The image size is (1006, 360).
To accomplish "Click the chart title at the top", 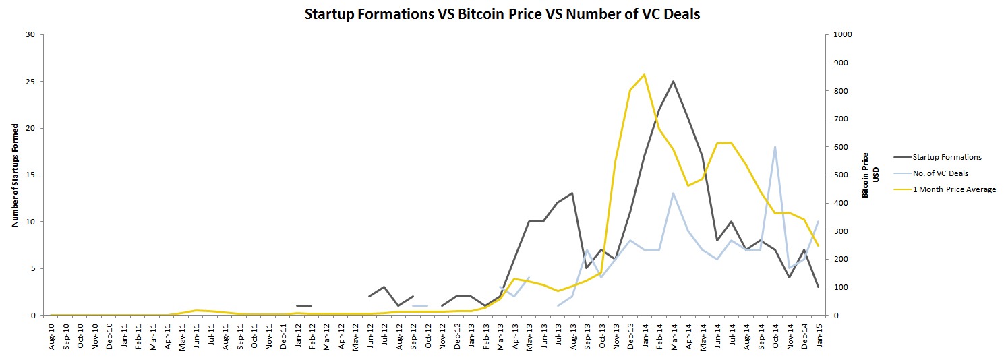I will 502,13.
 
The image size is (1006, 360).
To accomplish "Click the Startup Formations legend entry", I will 947,157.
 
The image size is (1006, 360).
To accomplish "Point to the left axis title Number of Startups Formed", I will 15,175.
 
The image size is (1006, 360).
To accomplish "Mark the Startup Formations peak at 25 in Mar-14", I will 673,82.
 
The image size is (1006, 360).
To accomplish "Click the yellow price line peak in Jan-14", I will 644,75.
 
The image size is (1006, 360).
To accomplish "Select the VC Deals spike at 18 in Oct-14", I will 775,146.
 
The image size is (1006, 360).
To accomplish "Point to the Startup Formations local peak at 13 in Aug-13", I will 572,193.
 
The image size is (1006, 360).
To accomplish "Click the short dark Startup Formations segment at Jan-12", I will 304,305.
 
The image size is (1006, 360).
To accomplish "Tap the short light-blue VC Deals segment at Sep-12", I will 420,305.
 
